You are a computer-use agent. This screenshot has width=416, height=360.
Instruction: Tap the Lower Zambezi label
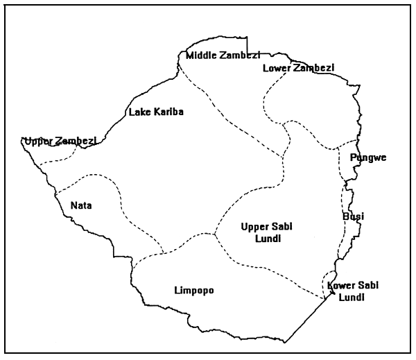298,67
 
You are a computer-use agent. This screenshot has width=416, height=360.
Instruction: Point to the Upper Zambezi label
59,142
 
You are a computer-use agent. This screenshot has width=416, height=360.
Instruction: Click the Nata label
81,205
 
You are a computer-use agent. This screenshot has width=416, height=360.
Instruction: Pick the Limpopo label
193,291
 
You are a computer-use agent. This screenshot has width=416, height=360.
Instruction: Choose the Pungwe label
368,158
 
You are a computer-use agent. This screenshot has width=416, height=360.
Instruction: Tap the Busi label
354,216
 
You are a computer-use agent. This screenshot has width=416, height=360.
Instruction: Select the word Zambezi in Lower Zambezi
313,67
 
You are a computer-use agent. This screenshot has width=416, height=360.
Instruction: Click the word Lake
138,111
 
